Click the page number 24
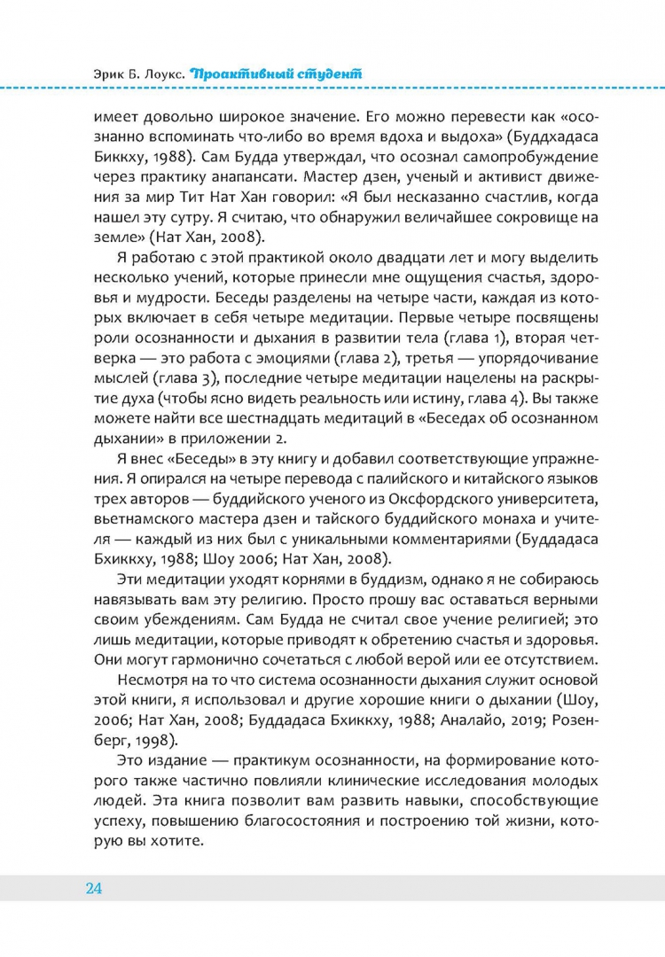point(95,889)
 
